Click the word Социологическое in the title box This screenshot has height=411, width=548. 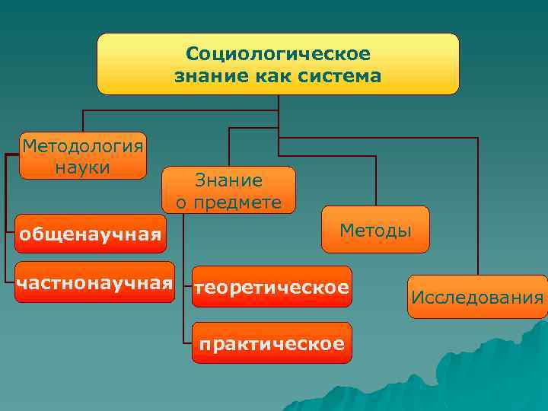tap(278, 55)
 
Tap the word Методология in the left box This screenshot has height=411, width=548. tap(83, 145)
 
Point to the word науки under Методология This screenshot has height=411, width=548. tap(83, 166)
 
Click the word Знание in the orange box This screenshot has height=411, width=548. tap(229, 180)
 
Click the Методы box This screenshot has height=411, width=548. tap(375, 229)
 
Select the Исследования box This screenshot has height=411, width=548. tap(477, 296)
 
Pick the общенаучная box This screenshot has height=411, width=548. tap(91, 234)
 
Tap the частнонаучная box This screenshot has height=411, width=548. tap(94, 282)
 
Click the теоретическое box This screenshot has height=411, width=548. tap(272, 287)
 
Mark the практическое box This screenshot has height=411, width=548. tap(272, 344)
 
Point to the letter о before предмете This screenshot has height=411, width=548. tap(181, 203)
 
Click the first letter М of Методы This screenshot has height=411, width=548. tap(346, 229)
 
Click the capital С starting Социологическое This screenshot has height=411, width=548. tap(192, 55)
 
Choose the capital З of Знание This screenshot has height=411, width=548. tap(200, 180)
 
